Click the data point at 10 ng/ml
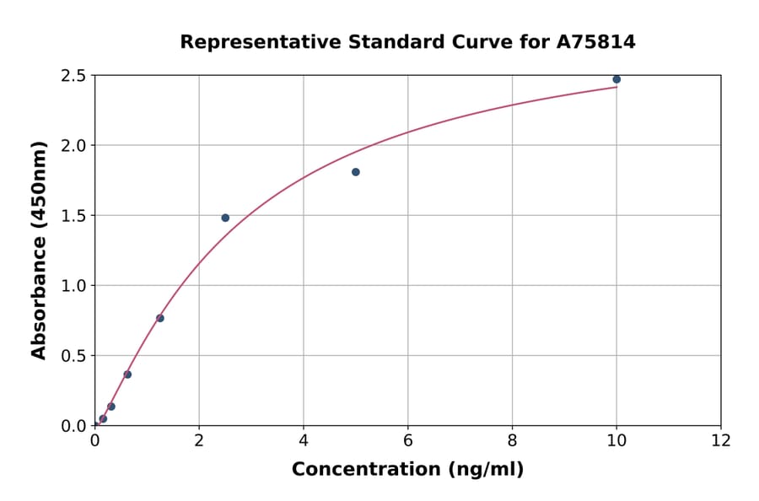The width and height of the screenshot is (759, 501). [616, 79]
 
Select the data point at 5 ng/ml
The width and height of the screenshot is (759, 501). [356, 172]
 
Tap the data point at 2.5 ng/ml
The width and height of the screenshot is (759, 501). [225, 218]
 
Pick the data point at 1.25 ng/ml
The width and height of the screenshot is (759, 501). [160, 318]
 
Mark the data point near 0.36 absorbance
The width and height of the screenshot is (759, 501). [127, 374]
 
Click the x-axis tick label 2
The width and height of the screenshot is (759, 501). [199, 439]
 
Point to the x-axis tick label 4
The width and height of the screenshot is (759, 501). [304, 439]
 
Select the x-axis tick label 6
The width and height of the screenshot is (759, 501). [408, 439]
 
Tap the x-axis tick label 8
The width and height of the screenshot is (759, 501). [512, 439]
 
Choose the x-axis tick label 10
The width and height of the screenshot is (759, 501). [616, 439]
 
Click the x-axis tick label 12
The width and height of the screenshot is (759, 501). [721, 439]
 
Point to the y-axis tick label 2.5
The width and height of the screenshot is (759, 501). [74, 76]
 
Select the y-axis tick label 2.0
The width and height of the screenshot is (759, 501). [74, 146]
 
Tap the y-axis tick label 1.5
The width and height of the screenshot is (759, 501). [74, 216]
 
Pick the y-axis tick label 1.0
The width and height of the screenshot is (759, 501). [74, 286]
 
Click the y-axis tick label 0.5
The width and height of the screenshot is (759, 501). [74, 356]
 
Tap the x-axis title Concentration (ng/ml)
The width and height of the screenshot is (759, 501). [407, 469]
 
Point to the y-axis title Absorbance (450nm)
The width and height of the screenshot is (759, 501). [39, 250]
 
